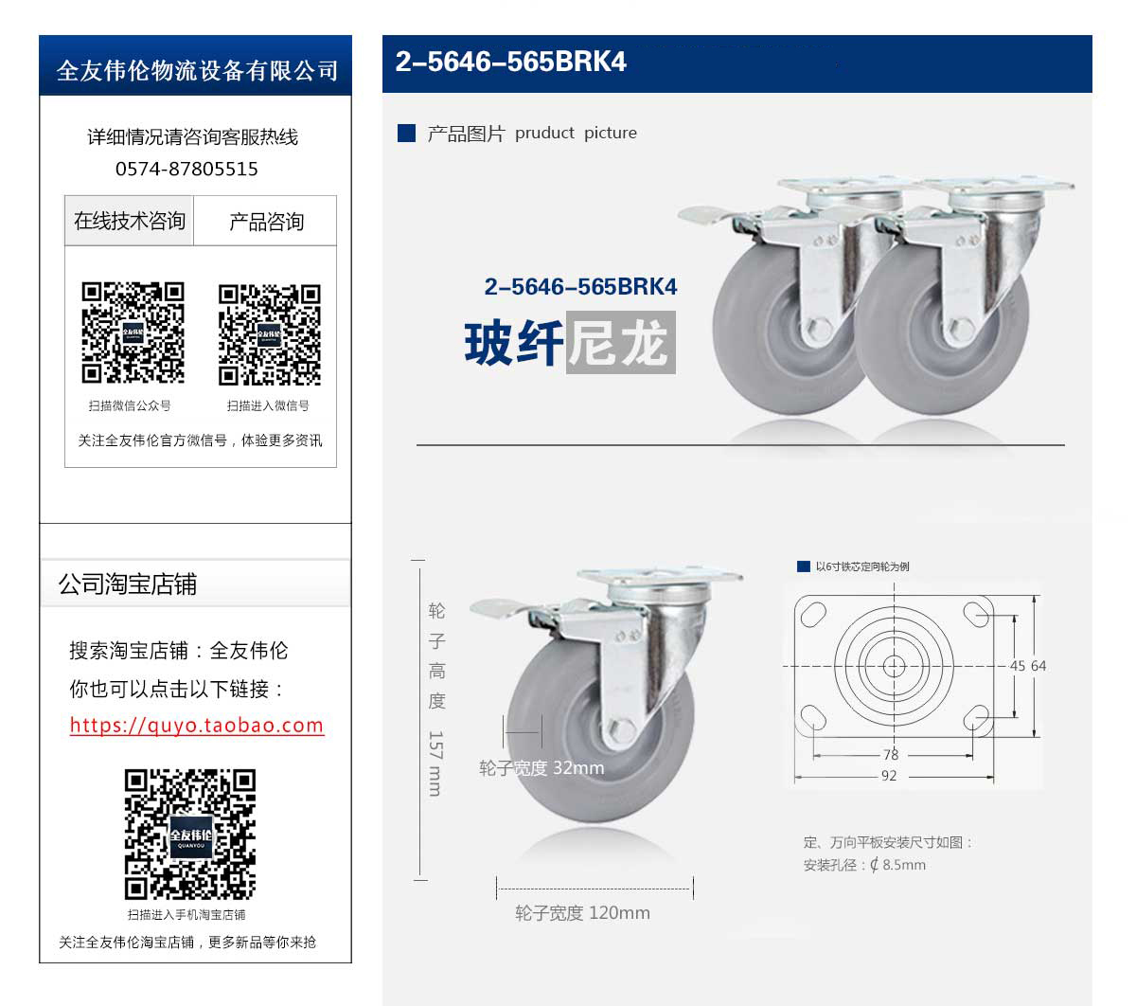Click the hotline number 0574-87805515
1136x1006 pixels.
click(x=186, y=169)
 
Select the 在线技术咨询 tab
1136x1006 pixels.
click(x=129, y=221)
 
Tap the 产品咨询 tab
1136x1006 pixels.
click(x=266, y=221)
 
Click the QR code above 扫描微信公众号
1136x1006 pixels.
click(x=133, y=332)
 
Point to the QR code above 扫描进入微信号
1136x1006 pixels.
click(x=270, y=335)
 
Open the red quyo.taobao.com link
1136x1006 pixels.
click(x=197, y=725)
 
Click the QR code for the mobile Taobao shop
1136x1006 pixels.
click(x=190, y=835)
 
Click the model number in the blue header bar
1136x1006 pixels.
click(x=510, y=62)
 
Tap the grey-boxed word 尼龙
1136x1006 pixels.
click(x=620, y=342)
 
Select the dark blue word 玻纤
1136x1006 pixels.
click(x=514, y=343)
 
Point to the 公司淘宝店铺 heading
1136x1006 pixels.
click(x=127, y=584)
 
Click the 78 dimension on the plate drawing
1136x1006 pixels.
click(x=891, y=755)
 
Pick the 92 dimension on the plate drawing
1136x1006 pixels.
click(x=889, y=776)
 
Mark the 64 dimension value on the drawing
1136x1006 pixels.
click(x=1038, y=666)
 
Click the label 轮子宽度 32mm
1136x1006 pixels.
click(x=541, y=767)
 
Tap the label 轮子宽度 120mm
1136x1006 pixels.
click(x=582, y=913)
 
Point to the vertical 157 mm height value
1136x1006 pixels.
click(x=435, y=763)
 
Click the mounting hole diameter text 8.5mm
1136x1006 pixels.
click(x=904, y=865)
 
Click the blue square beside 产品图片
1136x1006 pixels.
click(x=406, y=134)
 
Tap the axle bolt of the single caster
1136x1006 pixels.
click(x=621, y=730)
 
